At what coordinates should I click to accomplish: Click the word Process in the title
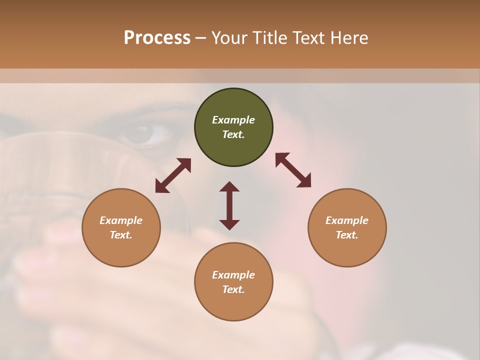point(157,38)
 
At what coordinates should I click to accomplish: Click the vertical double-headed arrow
point(229,205)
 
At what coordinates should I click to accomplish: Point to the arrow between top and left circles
point(173,175)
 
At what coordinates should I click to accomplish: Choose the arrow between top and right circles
point(293,170)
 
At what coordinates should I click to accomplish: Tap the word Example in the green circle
point(233,120)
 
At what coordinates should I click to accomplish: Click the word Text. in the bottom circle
point(233,289)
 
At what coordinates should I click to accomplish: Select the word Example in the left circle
point(121,220)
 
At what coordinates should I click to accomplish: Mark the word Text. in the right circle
point(347,235)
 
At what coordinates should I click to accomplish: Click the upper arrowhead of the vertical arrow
point(229,186)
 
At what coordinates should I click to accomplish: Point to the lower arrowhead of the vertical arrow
point(229,224)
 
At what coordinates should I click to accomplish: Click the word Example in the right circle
point(347,220)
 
